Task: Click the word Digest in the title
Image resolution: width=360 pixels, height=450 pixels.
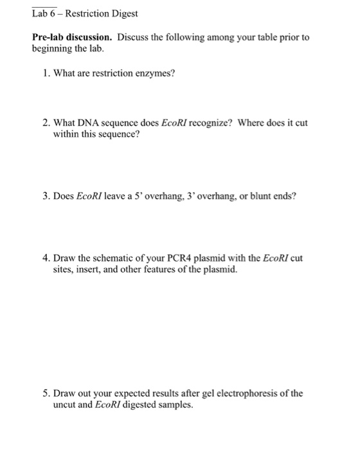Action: pyautogui.click(x=122, y=13)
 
